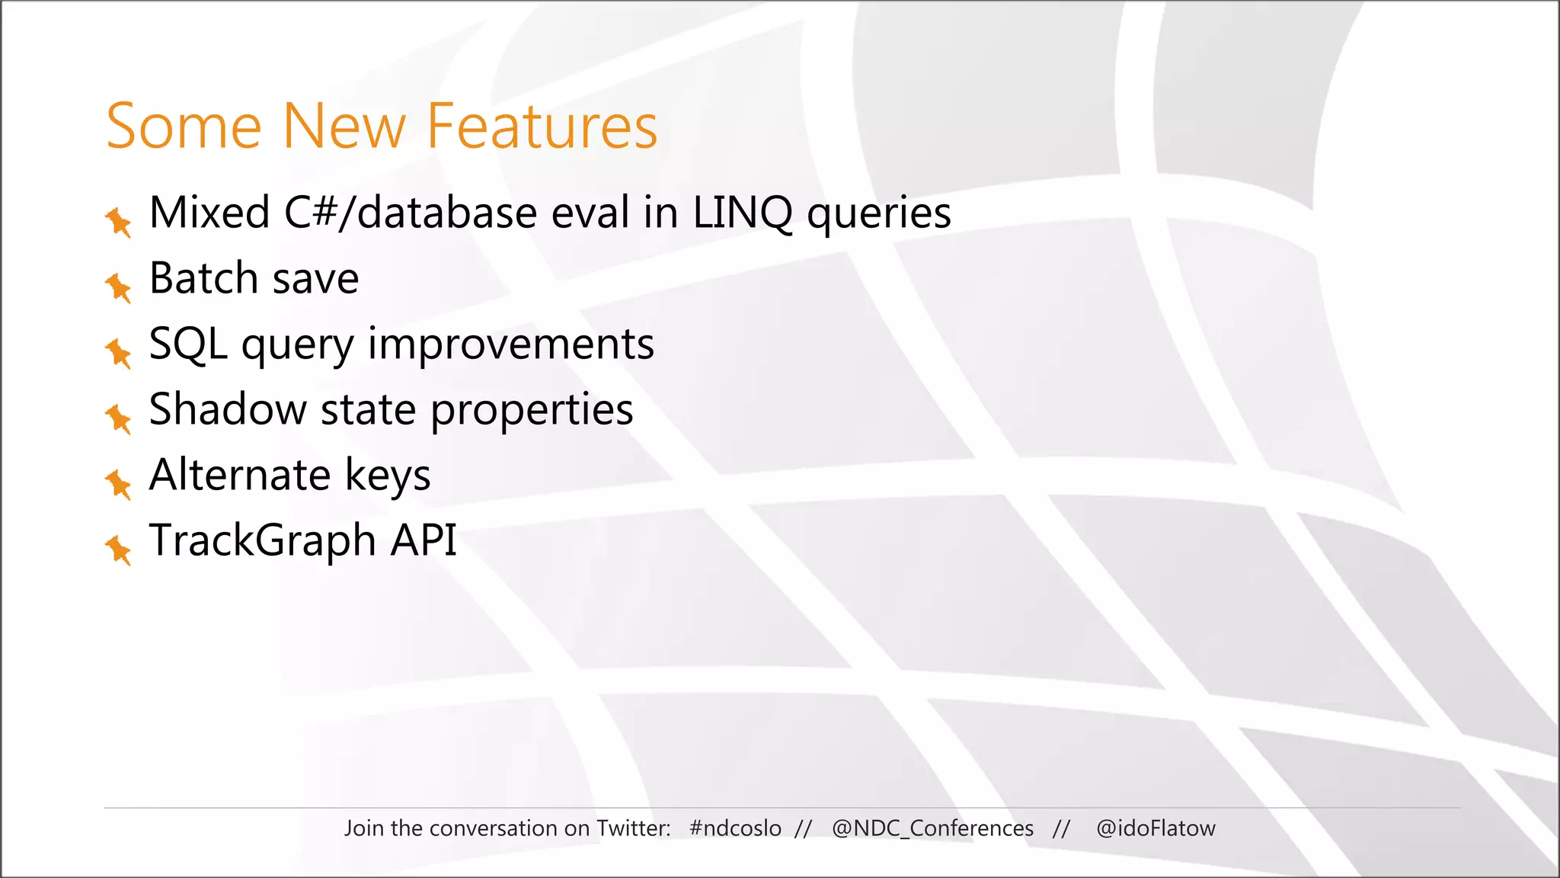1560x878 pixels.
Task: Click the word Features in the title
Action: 542,127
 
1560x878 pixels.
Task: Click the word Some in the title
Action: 184,127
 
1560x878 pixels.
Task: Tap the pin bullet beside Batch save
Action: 118,287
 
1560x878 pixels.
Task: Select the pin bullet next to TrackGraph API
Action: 118,550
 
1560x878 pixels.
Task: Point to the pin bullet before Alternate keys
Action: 118,484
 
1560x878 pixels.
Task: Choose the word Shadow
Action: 227,409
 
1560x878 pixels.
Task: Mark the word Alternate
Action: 239,475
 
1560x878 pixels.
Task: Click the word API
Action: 424,540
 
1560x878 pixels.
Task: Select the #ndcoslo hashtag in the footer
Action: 735,828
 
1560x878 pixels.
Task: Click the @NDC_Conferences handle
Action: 932,828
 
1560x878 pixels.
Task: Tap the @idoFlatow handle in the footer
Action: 1156,828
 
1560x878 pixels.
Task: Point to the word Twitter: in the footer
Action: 633,828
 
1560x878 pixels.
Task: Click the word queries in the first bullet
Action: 879,214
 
